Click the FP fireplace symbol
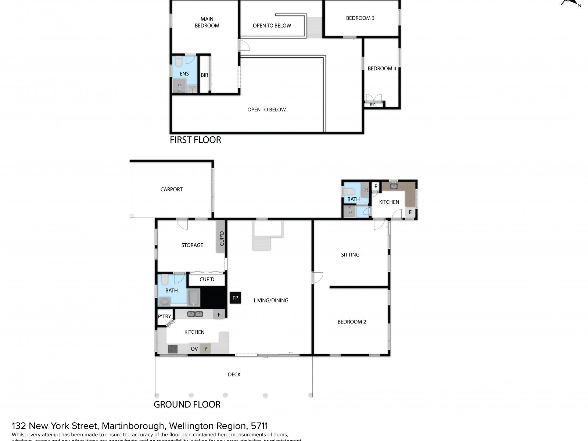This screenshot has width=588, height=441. [235, 298]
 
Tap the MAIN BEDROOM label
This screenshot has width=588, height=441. [207, 22]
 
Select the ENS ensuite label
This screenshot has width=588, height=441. [184, 73]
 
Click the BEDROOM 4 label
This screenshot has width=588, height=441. [382, 68]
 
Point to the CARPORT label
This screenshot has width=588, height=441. [171, 189]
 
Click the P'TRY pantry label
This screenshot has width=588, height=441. [164, 316]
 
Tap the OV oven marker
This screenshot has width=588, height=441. [194, 349]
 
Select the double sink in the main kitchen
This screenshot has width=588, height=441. [195, 314]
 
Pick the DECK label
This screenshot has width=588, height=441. [234, 374]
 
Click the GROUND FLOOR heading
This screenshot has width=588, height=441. [187, 404]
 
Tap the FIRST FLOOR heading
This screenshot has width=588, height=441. [195, 140]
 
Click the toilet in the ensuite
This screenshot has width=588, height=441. [179, 61]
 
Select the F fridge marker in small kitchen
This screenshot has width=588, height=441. [410, 212]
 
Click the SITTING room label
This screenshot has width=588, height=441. [350, 254]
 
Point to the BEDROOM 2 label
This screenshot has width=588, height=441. [352, 322]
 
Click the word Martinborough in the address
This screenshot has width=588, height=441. [133, 426]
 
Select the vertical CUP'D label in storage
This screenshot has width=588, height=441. [222, 239]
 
